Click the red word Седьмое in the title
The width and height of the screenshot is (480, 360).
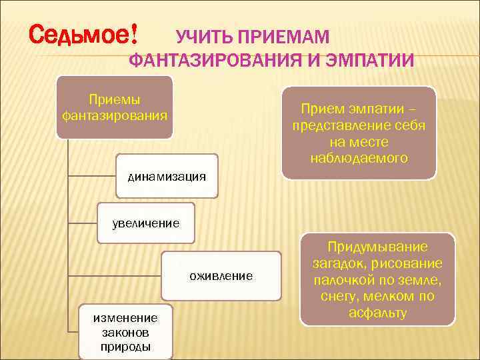(x=80, y=33)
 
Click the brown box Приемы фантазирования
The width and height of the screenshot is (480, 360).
(x=114, y=107)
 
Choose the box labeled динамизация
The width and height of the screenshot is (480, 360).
(x=167, y=176)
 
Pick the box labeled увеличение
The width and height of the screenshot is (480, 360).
(x=145, y=223)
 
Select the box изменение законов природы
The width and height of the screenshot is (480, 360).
(x=125, y=332)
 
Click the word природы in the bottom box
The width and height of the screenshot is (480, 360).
(x=125, y=347)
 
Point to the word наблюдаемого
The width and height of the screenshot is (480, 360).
(x=359, y=158)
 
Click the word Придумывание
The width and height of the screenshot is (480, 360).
(x=377, y=246)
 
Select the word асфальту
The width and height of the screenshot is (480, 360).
(x=377, y=312)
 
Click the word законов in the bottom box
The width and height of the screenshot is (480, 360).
(x=125, y=332)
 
